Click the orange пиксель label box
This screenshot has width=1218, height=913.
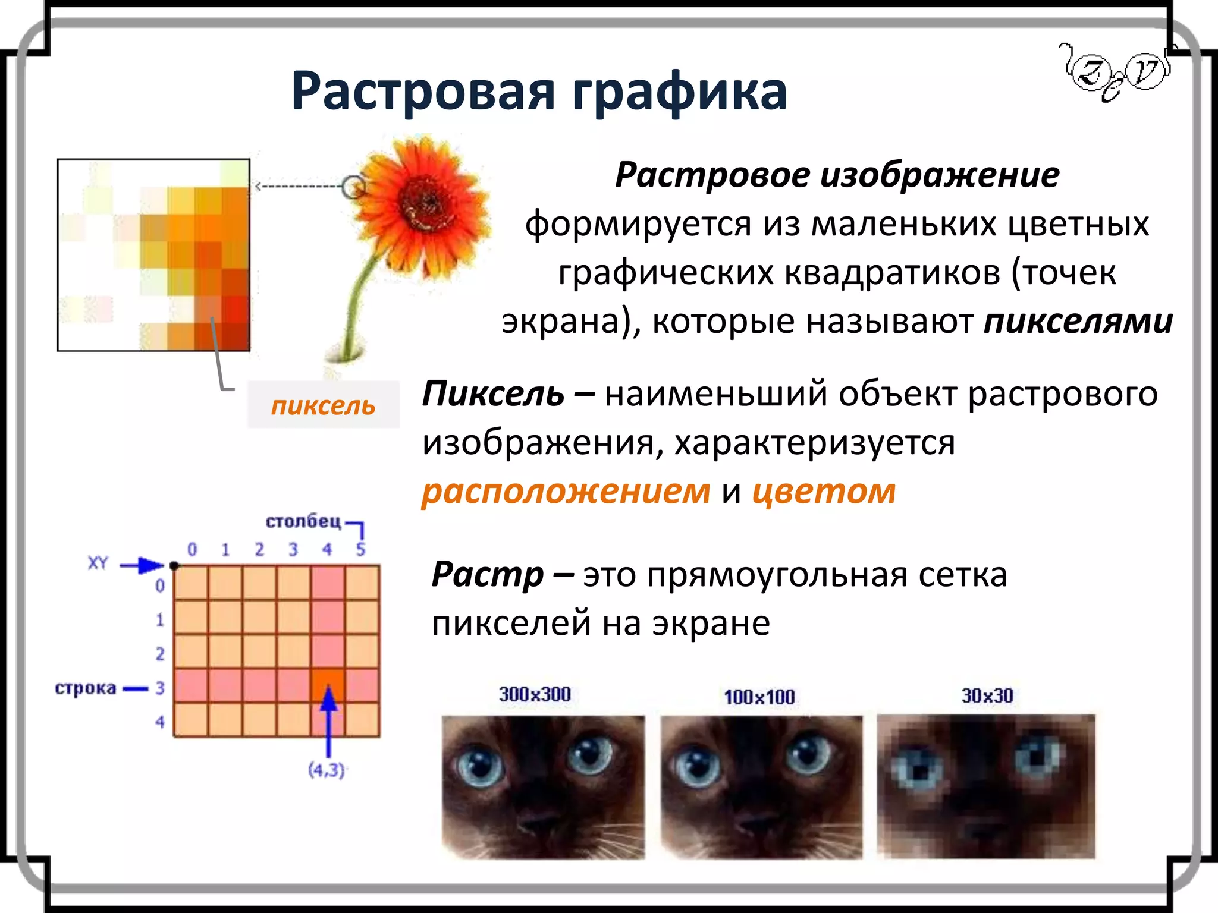tap(324, 405)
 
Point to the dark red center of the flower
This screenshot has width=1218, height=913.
tap(428, 204)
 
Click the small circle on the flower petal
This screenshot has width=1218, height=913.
tap(354, 187)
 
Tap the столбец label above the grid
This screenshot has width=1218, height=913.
tap(303, 521)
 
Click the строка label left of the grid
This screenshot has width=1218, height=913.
tap(86, 688)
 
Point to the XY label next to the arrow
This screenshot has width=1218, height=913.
tap(98, 563)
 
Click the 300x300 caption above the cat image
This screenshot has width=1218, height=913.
tap(535, 694)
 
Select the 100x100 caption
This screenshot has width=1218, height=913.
tap(759, 697)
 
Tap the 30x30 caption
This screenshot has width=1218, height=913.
tap(987, 695)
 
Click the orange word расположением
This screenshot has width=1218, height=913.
tap(566, 492)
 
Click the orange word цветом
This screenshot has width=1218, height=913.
tap(824, 492)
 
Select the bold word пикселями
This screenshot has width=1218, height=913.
tap(1078, 322)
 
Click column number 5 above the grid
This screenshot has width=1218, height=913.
tap(360, 549)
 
